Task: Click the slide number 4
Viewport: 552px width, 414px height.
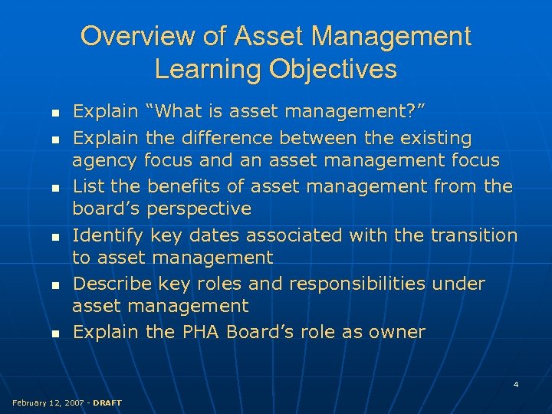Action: click(x=516, y=383)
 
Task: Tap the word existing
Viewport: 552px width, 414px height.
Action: click(x=433, y=138)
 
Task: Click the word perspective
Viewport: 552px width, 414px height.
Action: click(x=199, y=209)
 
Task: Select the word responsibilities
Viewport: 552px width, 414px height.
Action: click(x=357, y=284)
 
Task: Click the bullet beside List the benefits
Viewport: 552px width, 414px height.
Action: click(x=55, y=187)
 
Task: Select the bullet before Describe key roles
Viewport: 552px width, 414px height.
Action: click(x=55, y=285)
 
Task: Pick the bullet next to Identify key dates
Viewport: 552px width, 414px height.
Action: click(x=55, y=236)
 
